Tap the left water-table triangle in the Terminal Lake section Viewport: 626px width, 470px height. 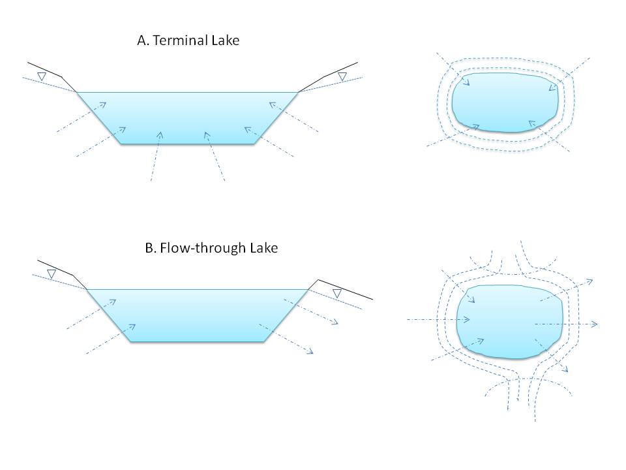click(42, 76)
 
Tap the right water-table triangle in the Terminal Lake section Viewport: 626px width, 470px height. click(342, 76)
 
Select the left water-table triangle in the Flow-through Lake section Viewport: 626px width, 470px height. click(52, 274)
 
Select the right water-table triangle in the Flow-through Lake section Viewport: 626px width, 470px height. click(337, 294)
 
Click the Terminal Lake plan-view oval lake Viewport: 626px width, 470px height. click(505, 102)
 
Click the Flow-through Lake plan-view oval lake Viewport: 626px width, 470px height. click(510, 321)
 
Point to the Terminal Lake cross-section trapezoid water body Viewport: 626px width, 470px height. click(188, 118)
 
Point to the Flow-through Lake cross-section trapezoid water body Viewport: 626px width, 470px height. click(198, 315)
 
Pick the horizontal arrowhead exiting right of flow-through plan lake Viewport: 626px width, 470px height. click(595, 324)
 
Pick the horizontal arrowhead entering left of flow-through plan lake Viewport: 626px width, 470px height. click(466, 320)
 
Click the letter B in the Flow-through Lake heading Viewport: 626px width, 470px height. click(150, 248)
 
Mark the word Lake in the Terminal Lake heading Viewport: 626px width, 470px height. click(226, 40)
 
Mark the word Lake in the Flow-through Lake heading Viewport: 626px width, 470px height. click(264, 248)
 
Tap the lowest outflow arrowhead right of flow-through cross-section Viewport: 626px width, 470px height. click(310, 351)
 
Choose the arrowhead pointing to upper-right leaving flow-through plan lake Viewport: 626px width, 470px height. click(589, 282)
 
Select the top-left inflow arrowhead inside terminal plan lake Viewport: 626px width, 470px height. click(466, 82)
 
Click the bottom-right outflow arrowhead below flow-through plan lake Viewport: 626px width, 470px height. click(565, 369)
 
